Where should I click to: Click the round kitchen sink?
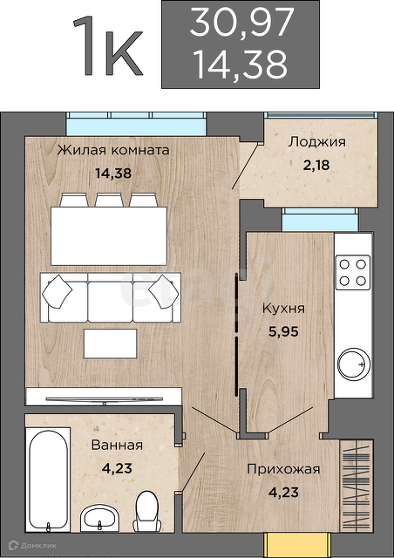(x=354, y=364)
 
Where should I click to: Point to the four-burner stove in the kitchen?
(x=353, y=273)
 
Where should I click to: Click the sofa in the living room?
(x=111, y=297)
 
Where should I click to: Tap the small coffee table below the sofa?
(x=111, y=344)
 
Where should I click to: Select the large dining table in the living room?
(x=109, y=236)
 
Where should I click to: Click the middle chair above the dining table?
(x=109, y=200)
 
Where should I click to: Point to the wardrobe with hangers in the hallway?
(x=356, y=486)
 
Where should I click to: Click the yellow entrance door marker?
(x=297, y=544)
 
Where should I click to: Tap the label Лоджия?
(x=316, y=142)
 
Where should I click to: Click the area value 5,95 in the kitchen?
(x=283, y=331)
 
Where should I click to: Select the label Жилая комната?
(x=113, y=150)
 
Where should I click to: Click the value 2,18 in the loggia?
(x=316, y=165)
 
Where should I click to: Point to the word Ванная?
(x=117, y=446)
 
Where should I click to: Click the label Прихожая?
(x=283, y=469)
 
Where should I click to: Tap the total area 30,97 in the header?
(x=241, y=23)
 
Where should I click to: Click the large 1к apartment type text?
(x=108, y=46)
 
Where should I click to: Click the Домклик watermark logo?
(x=32, y=545)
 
